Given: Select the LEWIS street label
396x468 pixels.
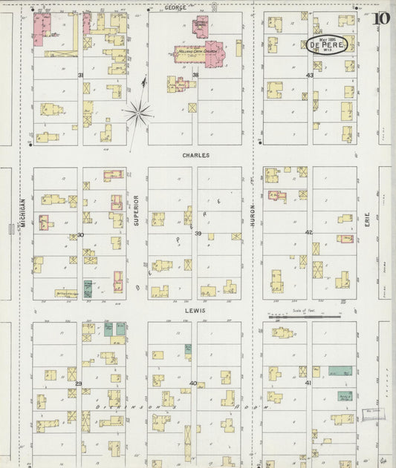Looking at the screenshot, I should [196, 311].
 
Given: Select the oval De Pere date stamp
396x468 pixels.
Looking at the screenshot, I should [327, 45].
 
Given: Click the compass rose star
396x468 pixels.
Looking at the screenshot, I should [139, 113].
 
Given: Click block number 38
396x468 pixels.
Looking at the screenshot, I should [196, 75].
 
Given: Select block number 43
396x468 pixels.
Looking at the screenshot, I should [310, 75].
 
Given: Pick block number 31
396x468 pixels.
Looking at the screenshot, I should [80, 75].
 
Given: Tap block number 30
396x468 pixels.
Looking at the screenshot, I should [80, 235].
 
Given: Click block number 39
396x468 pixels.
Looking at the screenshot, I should [197, 234].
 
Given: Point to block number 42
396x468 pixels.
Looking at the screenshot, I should [308, 233].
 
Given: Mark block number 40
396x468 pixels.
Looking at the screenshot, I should [193, 383].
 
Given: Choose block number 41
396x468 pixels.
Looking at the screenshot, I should [307, 383].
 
